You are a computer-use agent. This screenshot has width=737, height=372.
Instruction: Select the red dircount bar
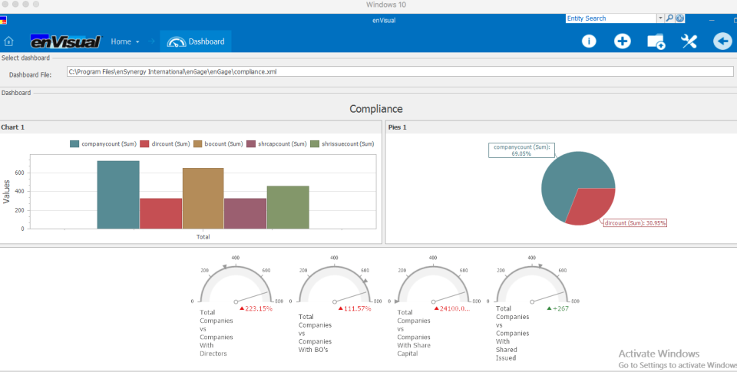(x=160, y=213)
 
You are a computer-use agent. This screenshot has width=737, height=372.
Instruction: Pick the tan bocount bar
(x=203, y=198)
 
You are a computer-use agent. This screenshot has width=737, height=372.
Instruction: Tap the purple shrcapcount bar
(x=245, y=213)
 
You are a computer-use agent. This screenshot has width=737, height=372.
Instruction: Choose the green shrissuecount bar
(x=288, y=207)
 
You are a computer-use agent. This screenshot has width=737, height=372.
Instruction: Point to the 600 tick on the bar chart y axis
(x=20, y=173)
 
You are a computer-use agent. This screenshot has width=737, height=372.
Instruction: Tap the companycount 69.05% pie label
(x=522, y=150)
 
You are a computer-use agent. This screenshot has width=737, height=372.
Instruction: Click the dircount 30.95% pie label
(x=635, y=223)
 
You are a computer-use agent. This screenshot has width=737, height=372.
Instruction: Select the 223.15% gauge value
(x=256, y=308)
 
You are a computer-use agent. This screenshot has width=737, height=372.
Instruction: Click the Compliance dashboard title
(x=376, y=109)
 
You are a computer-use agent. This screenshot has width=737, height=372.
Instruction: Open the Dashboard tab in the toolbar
(x=197, y=41)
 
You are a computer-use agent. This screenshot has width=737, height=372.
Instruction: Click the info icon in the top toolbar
(x=589, y=41)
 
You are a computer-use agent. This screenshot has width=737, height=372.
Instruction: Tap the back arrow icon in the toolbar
(x=722, y=41)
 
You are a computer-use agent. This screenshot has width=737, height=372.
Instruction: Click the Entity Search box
(x=610, y=18)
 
